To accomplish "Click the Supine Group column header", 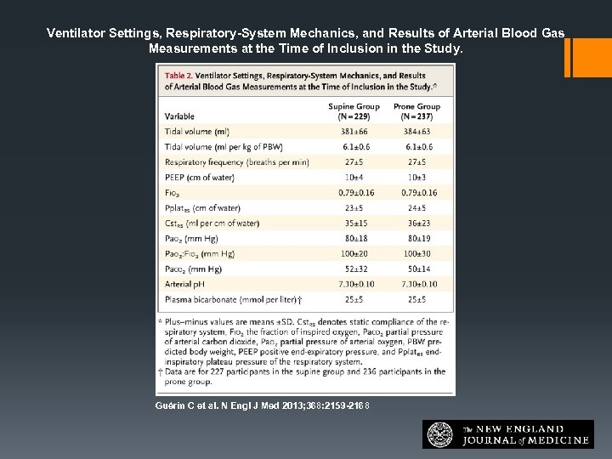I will tap(354, 111).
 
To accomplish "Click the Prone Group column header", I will tap(416, 111).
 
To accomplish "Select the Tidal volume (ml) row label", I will tap(197, 132).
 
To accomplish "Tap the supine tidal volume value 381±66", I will tap(354, 132).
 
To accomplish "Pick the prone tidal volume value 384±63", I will tap(416, 132).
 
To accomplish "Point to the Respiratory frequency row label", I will tap(224, 162).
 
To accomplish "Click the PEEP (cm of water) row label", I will tap(201, 178).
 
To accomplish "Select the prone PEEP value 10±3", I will tap(416, 178).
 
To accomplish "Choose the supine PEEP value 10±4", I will tap(354, 178).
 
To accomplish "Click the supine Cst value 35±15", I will tap(354, 224).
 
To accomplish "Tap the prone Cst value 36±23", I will tap(416, 224).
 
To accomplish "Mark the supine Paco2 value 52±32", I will tap(354, 269).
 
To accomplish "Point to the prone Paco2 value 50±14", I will tap(416, 269).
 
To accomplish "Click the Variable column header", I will tap(179, 116).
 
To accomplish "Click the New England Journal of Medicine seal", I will tap(440, 434).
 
